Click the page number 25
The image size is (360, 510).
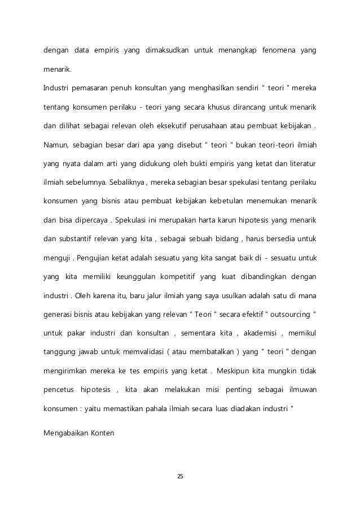[x=180, y=477]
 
